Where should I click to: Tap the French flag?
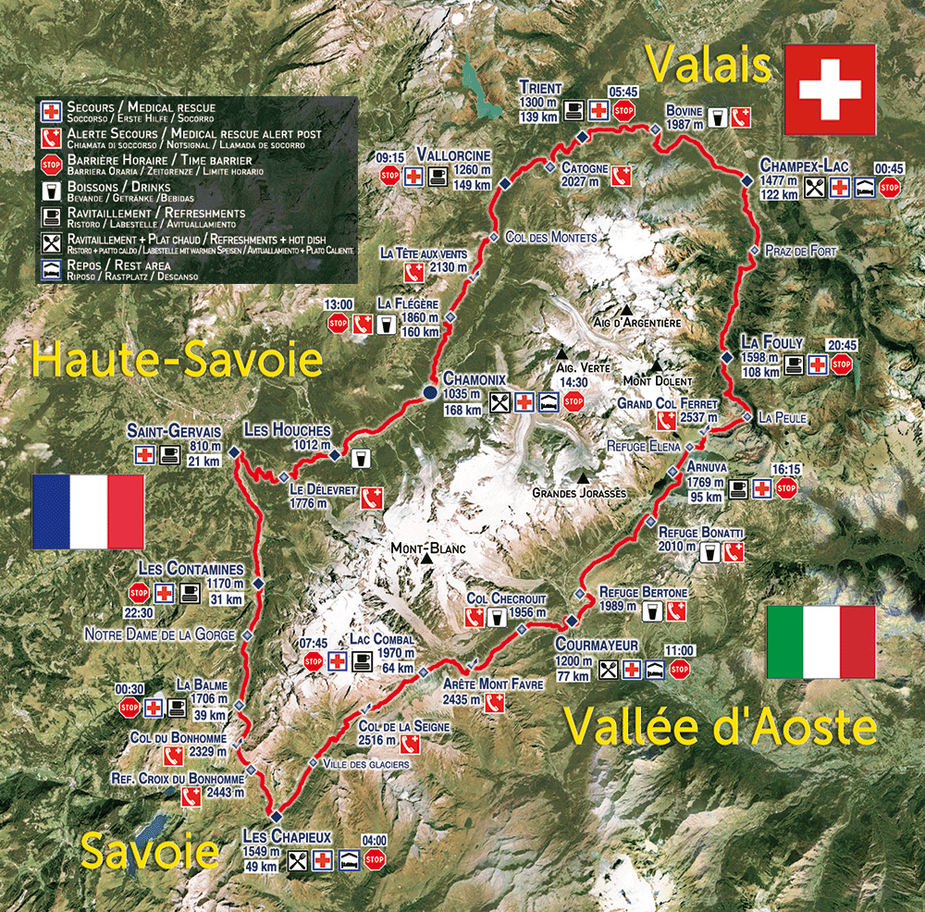88,511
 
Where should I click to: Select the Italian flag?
820,642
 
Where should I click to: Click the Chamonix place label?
475,379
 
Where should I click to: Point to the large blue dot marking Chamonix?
430,393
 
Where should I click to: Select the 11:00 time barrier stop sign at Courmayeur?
680,669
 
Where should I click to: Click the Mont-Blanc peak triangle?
427,560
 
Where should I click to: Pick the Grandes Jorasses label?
579,493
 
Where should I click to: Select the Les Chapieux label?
286,836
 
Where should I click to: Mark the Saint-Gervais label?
175,431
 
